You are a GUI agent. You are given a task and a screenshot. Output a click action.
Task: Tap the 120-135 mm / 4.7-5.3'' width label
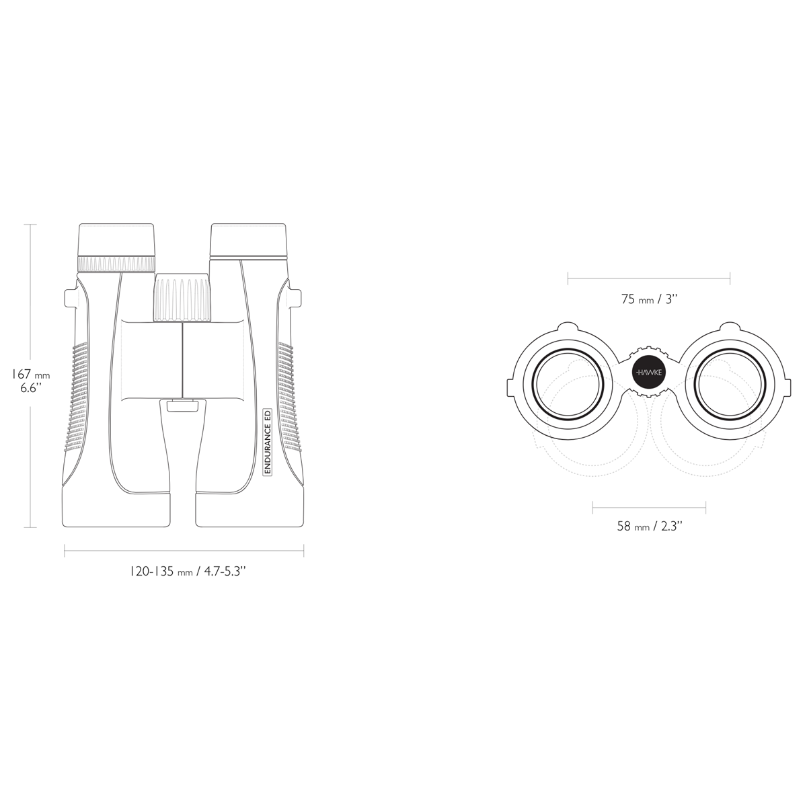(188, 572)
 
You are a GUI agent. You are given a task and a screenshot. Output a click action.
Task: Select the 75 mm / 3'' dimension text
(648, 300)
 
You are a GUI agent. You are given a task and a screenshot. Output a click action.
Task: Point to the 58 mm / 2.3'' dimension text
(650, 527)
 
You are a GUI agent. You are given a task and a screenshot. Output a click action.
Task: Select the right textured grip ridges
(288, 397)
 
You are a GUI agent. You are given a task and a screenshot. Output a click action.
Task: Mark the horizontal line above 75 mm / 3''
(648, 275)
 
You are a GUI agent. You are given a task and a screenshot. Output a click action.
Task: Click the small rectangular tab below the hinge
(182, 404)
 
